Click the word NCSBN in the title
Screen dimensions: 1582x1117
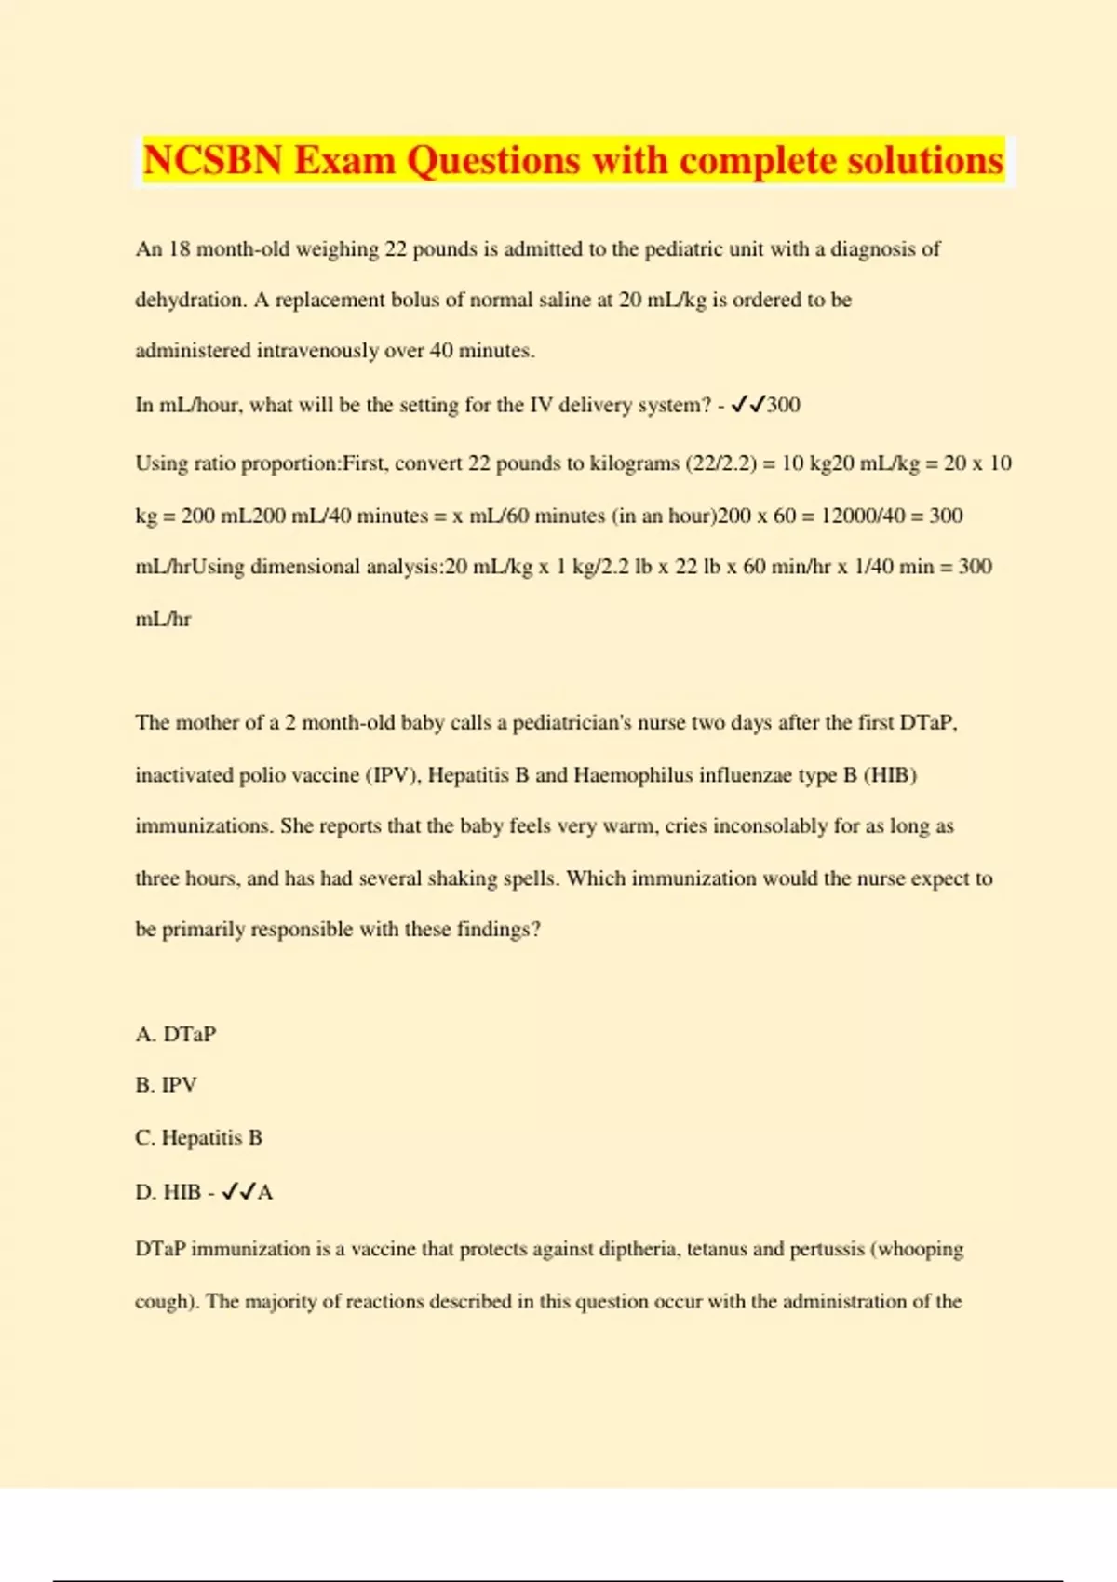pyautogui.click(x=212, y=161)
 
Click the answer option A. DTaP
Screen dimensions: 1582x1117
pyautogui.click(x=176, y=1034)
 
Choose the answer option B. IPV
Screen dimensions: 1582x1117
pyautogui.click(x=167, y=1085)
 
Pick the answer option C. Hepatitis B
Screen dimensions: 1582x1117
pyautogui.click(x=199, y=1137)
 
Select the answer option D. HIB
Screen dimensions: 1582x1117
pyautogui.click(x=168, y=1192)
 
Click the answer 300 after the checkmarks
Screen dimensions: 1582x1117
pyautogui.click(x=784, y=405)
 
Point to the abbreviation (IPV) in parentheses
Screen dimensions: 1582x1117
pyautogui.click(x=393, y=775)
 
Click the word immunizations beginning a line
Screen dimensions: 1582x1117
pyautogui.click(x=203, y=826)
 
